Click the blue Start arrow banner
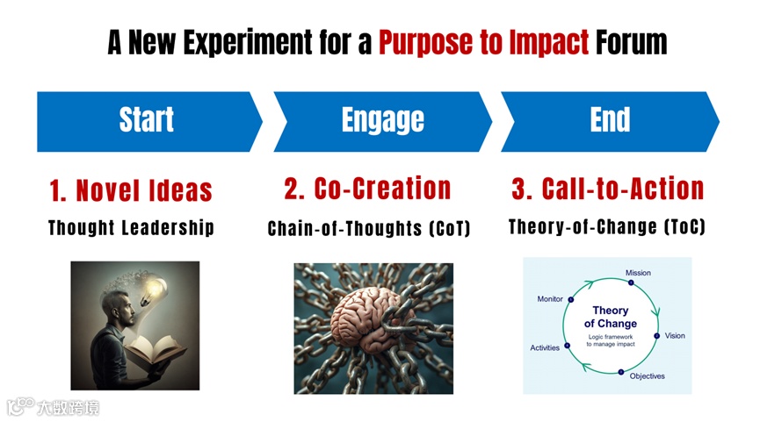147,120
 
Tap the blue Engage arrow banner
382,120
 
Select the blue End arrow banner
610,120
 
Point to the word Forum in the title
631,41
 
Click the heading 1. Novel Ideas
131,190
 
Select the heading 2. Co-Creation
367,188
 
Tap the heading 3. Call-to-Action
607,188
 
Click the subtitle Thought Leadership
131,228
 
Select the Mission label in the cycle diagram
638,273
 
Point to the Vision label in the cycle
675,336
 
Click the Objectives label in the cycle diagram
647,376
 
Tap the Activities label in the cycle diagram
545,348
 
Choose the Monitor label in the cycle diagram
550,299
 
